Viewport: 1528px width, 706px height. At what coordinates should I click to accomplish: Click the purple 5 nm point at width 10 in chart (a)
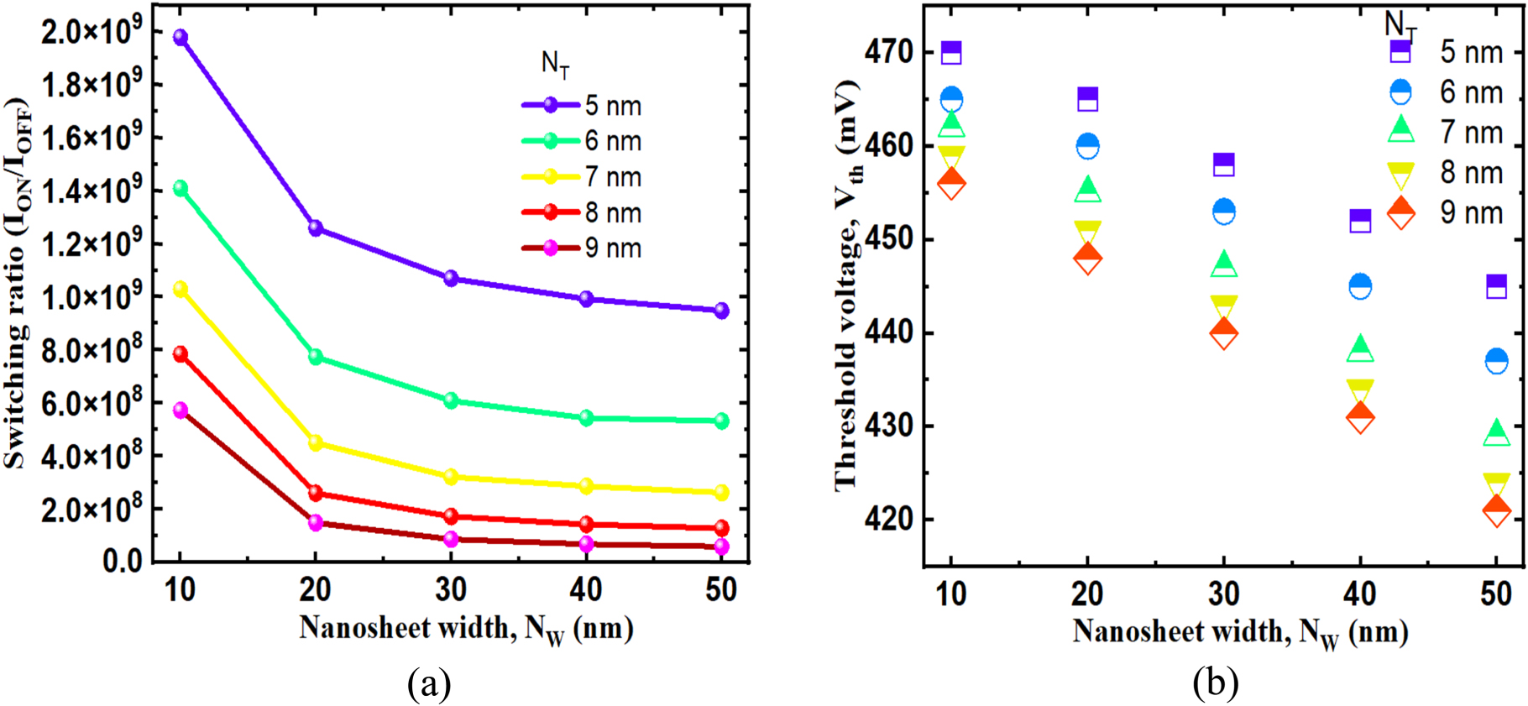[180, 38]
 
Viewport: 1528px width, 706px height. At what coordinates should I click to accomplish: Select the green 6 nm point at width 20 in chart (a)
[316, 357]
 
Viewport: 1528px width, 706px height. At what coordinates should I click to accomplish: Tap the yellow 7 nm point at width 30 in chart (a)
[451, 477]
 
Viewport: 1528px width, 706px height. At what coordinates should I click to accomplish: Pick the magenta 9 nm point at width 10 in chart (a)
[180, 411]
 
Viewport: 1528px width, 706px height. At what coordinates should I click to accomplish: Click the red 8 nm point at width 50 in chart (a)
[720, 529]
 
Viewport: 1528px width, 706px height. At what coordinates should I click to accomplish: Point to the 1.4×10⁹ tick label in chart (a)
[86, 191]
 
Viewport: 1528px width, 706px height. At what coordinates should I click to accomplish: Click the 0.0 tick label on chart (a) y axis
[121, 562]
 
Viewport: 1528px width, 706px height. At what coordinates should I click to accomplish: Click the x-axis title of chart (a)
[466, 629]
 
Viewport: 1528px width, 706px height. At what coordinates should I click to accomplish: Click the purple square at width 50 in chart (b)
[1496, 286]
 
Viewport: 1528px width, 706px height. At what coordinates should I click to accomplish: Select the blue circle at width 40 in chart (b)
[1360, 287]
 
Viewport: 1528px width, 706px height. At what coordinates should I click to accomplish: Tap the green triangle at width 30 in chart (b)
[1224, 264]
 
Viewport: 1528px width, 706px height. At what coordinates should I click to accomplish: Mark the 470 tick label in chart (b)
[889, 53]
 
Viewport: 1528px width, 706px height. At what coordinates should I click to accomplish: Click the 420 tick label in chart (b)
[889, 520]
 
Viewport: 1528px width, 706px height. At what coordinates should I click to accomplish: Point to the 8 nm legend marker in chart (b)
[1400, 174]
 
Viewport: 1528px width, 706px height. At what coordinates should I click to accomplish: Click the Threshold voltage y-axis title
[847, 285]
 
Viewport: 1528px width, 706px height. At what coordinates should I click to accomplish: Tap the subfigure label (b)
[1215, 683]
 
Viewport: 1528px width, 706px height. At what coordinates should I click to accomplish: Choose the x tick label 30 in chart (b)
[1224, 594]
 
